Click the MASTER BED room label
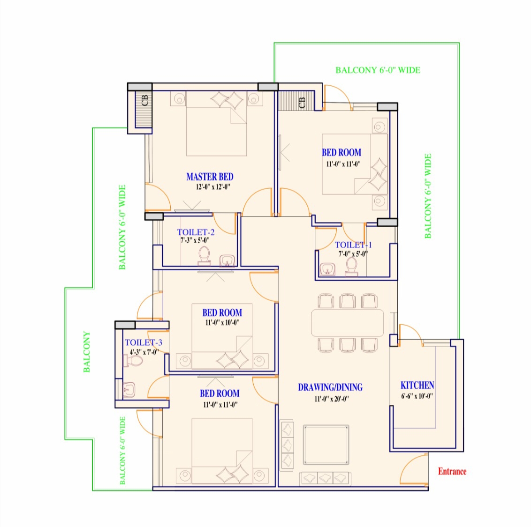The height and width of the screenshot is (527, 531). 210,177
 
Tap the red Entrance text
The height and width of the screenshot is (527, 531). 452,471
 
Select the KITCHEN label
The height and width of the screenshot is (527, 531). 417,385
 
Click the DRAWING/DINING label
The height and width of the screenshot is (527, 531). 330,387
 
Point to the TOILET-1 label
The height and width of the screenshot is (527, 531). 353,245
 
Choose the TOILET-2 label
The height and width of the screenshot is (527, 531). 196,232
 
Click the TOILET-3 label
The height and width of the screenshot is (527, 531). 143,342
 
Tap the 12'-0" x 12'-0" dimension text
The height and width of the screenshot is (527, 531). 213,187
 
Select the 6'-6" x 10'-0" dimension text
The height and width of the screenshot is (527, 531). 417,396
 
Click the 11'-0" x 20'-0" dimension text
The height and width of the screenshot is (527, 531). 332,399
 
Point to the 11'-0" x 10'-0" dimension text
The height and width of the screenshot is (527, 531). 222,323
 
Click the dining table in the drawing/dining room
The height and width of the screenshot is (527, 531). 347,322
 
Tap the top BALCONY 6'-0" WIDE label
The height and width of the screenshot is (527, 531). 378,70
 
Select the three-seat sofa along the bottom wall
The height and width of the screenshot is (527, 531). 325,478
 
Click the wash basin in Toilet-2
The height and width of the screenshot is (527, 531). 227,260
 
